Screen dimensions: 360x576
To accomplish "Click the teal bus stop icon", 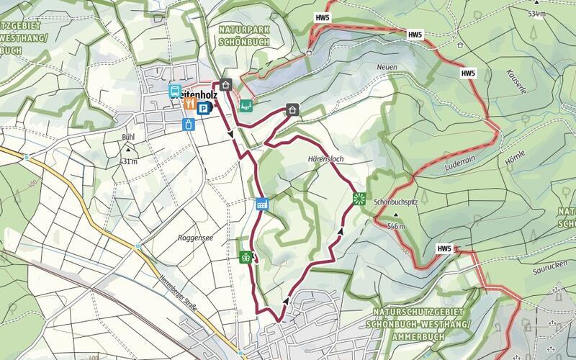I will [x=174, y=91].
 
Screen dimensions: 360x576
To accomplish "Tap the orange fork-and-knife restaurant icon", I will [x=189, y=104].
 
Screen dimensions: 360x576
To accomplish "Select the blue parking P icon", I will [x=204, y=109].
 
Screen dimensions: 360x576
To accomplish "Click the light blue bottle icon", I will [x=189, y=124].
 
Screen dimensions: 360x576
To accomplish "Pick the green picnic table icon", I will [x=246, y=105].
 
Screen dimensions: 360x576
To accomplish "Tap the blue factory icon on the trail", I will [x=262, y=204].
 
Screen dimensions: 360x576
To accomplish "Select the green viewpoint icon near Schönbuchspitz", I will [x=358, y=198].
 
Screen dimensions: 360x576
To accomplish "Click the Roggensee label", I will [x=193, y=236].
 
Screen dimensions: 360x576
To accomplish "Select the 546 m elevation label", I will [x=397, y=226].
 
